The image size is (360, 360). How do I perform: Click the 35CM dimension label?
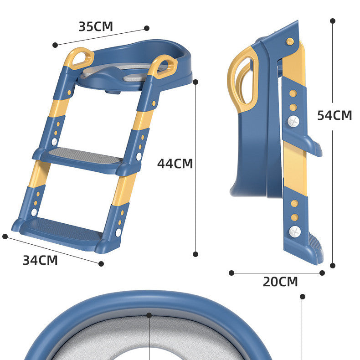click(x=96, y=26)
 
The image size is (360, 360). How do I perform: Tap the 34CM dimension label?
click(x=40, y=260)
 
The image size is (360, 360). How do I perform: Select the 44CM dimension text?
click(x=175, y=164)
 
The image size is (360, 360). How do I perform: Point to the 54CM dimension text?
click(x=334, y=115)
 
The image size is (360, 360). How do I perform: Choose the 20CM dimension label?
click(x=280, y=282)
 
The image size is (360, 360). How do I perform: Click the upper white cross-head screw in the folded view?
click(x=293, y=121)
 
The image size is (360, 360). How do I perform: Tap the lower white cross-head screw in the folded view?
click(x=295, y=231)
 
